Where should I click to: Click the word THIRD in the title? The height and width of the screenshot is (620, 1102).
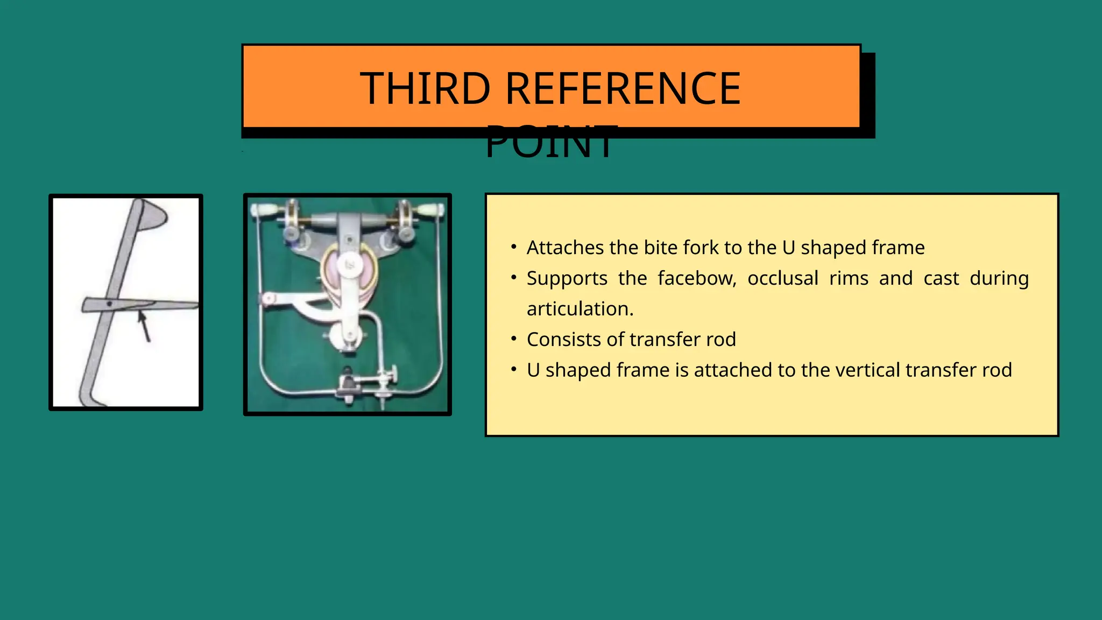[x=425, y=88]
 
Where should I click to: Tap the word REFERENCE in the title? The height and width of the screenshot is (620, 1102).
[x=623, y=88]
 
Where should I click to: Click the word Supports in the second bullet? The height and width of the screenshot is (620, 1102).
[x=567, y=278]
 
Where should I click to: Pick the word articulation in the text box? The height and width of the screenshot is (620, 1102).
[x=580, y=309]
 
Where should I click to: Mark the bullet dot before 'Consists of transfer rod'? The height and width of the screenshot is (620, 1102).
[x=514, y=339]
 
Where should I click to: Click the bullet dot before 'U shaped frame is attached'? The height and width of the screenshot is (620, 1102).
[x=514, y=370]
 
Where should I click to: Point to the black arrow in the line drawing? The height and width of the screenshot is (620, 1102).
[x=144, y=326]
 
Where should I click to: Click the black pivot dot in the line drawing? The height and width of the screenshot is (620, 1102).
[x=109, y=304]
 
